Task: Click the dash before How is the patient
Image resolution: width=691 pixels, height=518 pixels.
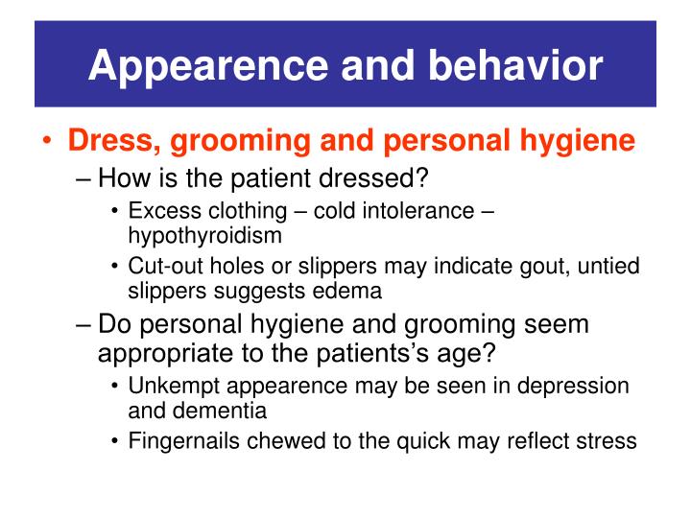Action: pyautogui.click(x=84, y=177)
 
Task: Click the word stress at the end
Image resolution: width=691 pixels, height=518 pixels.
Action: pyautogui.click(x=610, y=440)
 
